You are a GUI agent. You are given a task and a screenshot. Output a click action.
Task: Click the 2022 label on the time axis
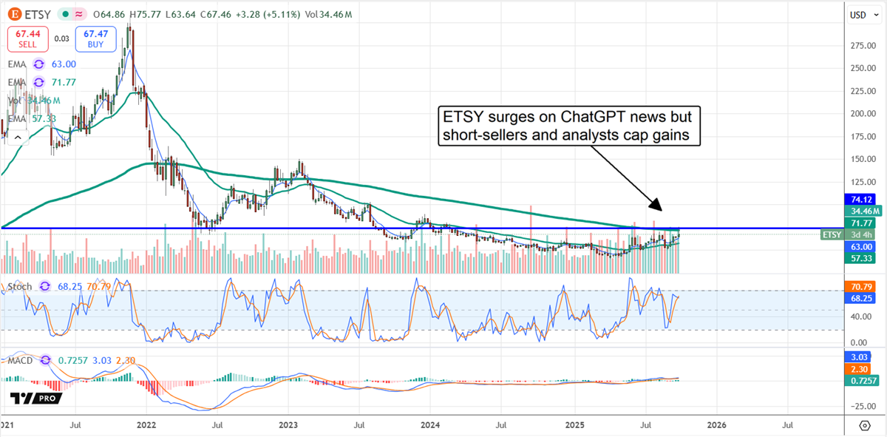[x=146, y=425]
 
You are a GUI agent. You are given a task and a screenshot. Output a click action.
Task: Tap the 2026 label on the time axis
[x=716, y=425]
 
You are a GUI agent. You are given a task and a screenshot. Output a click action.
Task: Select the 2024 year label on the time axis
[x=431, y=425]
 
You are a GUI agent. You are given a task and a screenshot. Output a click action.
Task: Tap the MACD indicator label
[x=21, y=360]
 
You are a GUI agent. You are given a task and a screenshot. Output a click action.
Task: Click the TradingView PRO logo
[x=36, y=398]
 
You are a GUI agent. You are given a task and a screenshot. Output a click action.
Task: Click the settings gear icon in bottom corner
[x=864, y=425]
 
